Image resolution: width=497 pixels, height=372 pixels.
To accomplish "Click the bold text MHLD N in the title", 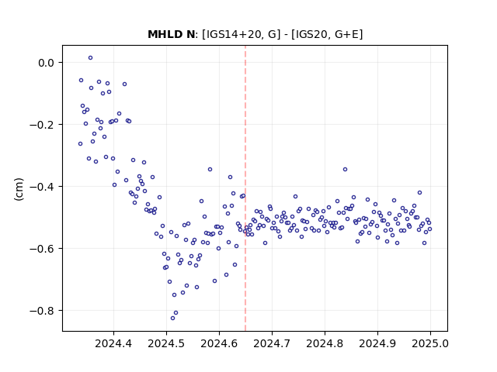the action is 171,34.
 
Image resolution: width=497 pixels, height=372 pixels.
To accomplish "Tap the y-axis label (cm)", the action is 19,189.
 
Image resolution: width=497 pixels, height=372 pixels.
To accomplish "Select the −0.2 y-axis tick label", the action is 42,125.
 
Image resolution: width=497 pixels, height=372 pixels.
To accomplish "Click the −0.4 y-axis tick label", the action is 42,187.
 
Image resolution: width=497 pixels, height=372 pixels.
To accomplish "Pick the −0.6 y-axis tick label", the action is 42,249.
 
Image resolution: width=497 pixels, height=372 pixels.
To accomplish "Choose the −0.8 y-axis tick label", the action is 42,311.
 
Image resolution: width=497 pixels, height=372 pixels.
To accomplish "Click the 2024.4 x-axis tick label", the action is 113,343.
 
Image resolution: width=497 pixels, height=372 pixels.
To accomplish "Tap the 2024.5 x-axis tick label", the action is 166,343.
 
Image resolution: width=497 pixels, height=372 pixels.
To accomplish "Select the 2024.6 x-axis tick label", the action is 219,343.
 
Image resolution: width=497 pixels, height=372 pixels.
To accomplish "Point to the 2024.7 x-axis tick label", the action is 272,343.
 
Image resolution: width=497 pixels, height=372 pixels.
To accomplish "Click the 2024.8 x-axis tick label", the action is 325,343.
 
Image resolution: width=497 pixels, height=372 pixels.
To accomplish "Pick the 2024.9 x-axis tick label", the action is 377,343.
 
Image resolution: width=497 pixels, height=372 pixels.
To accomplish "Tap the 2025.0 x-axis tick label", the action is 430,343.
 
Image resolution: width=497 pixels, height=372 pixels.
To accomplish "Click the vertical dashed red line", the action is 245,188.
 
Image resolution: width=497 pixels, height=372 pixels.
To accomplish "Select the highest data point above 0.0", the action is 90,58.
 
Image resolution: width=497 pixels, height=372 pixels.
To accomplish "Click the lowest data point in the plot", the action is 172,318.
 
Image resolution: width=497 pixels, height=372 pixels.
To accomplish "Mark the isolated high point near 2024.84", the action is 345,169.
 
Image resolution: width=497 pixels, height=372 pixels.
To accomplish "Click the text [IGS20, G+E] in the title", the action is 327,34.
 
